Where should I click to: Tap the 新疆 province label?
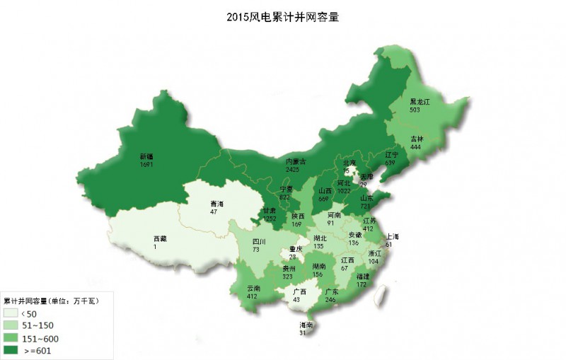(147, 157)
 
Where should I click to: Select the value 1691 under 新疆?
(147, 165)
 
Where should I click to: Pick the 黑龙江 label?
(420, 102)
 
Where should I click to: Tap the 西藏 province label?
(161, 239)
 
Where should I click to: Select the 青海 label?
(216, 204)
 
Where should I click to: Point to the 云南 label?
(254, 289)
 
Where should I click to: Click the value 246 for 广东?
(330, 299)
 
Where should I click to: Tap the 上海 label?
(392, 236)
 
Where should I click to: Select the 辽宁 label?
(392, 154)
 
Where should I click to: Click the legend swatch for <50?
(11, 312)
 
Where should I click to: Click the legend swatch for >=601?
(11, 350)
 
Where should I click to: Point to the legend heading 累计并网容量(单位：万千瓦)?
(51, 301)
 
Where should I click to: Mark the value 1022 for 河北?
(344, 191)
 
